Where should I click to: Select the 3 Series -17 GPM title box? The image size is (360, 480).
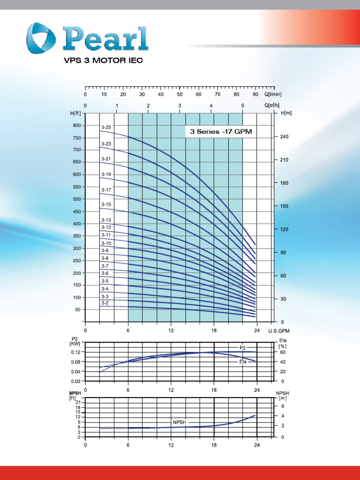pos(221,132)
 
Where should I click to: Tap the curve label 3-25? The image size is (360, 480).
pos(106,127)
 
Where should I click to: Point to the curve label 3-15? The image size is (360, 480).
pos(106,204)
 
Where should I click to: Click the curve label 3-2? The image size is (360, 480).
pos(105,303)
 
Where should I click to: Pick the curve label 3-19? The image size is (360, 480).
pos(106,174)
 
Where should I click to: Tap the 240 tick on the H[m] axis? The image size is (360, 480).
pos(284,137)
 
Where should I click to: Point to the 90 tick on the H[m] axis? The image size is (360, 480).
pos(283,253)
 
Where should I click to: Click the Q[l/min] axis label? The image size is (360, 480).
pos(273,94)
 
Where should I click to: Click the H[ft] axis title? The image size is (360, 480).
pos(75,113)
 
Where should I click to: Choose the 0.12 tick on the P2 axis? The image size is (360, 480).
pos(75,352)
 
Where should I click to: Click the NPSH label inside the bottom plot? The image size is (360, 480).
pos(179,422)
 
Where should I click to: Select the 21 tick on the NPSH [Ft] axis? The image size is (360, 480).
pos(78,403)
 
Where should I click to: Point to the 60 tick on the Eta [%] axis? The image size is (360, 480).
pos(283,352)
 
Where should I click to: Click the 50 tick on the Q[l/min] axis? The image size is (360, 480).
pos(180,94)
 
